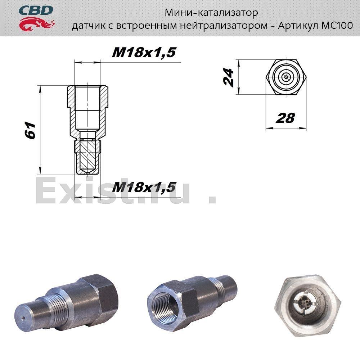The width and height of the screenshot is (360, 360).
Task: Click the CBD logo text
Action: tap(36, 10)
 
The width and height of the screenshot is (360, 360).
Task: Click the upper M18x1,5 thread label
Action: tap(144, 52)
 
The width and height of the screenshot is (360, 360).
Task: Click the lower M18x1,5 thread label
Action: tap(144, 187)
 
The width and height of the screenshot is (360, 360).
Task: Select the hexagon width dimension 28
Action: tap(285, 118)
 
